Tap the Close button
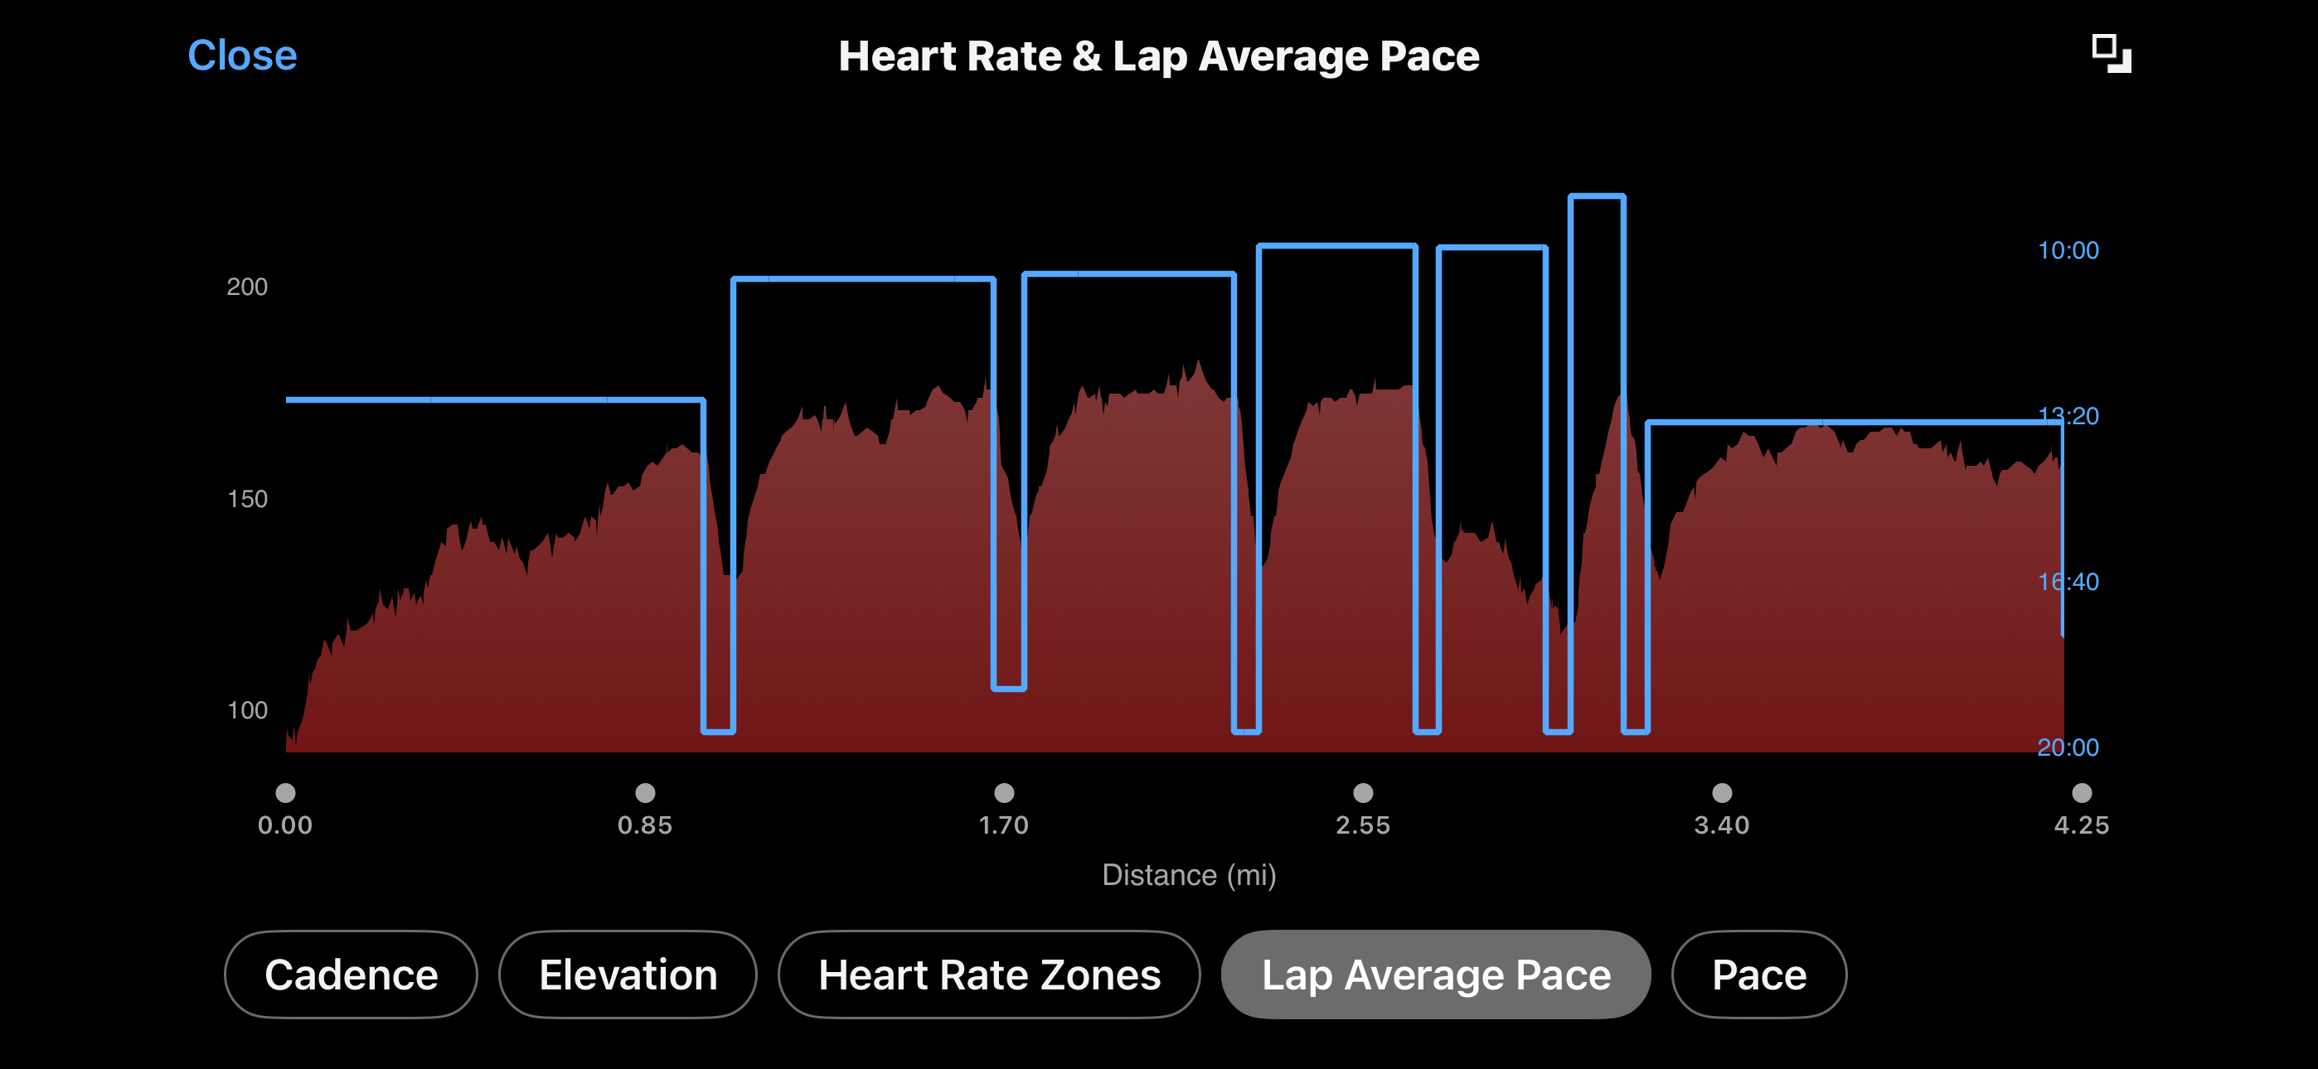pos(242,56)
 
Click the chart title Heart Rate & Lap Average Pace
pos(1158,56)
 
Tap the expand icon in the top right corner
pos(2111,54)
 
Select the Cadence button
pos(351,975)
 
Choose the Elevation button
pos(628,975)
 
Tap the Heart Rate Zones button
pos(989,975)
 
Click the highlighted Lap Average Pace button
pos(1435,975)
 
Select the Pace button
pos(1758,975)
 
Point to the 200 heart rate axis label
pos(246,287)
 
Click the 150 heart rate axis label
pos(246,500)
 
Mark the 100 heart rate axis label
pos(246,711)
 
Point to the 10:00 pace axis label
pos(2068,250)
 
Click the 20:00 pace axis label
pos(2068,747)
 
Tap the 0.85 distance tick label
pos(644,825)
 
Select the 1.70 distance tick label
pos(1003,825)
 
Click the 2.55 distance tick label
pos(1362,825)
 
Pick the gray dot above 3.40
pos(1721,793)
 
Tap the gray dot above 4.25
pos(2082,793)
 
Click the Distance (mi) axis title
pos(1189,874)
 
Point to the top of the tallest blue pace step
pos(1598,196)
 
